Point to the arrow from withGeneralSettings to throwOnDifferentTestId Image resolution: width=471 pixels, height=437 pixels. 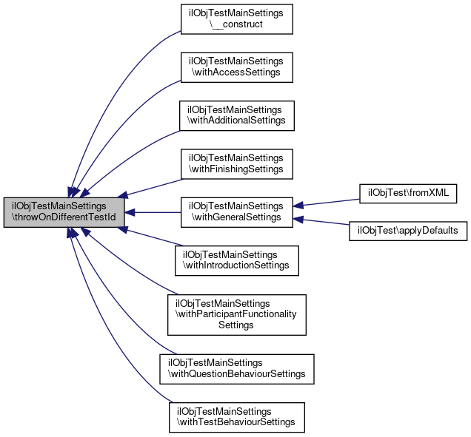point(152,212)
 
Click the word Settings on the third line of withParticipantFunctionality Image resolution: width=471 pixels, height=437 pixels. point(237,325)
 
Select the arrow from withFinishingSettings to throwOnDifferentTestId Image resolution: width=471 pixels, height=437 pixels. point(152,188)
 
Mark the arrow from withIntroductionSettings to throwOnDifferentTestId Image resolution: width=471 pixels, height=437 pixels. point(152,237)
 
